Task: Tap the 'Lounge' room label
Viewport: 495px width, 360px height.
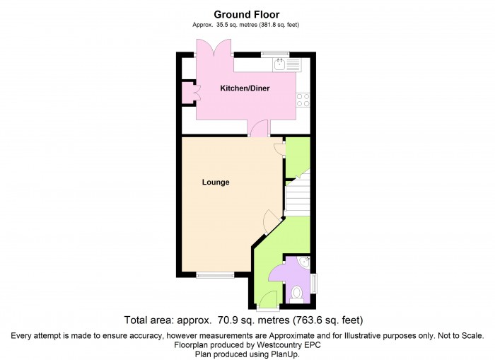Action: click(x=216, y=182)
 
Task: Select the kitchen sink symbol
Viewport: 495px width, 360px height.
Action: click(x=287, y=64)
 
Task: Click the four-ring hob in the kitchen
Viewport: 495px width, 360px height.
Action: click(x=305, y=100)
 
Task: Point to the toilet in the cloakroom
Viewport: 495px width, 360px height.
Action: click(x=296, y=294)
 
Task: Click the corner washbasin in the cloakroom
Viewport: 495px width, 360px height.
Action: click(x=303, y=264)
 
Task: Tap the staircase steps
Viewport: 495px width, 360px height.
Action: click(x=297, y=196)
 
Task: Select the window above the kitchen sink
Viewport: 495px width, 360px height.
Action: click(x=275, y=54)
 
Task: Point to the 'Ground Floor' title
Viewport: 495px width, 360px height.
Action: click(x=247, y=14)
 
